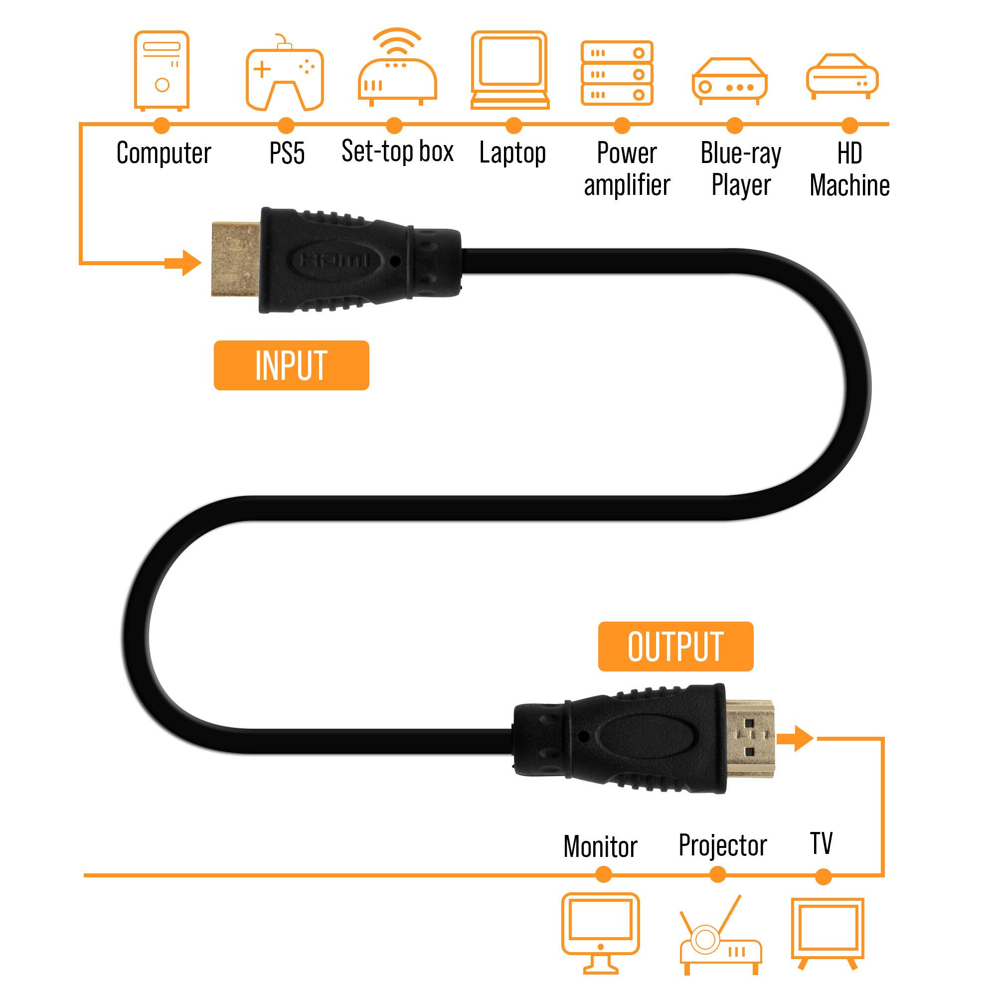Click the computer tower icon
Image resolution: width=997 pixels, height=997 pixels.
(x=162, y=71)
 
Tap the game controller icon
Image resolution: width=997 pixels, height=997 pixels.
(x=285, y=72)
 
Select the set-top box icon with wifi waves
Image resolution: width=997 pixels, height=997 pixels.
(x=397, y=67)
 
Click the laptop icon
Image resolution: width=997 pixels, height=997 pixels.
(x=510, y=70)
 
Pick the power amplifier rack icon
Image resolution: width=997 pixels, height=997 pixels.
(x=617, y=73)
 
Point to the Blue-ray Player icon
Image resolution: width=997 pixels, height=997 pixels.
(x=730, y=81)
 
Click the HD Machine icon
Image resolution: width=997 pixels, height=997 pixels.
(x=842, y=76)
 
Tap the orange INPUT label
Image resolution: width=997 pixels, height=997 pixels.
(x=292, y=365)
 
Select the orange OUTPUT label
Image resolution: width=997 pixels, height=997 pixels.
(x=675, y=647)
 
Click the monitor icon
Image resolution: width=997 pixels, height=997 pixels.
(x=601, y=933)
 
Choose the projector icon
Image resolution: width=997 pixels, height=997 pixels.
(x=720, y=935)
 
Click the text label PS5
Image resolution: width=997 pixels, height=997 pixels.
(x=287, y=153)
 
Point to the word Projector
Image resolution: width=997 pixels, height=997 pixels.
(x=722, y=846)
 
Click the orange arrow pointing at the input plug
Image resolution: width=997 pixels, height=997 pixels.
(x=182, y=263)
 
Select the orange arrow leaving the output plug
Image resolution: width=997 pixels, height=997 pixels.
(x=795, y=738)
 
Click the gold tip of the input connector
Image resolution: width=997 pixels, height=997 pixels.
(x=235, y=259)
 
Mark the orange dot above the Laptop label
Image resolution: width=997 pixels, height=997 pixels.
(x=513, y=126)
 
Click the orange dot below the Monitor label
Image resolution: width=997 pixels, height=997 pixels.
(x=603, y=875)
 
